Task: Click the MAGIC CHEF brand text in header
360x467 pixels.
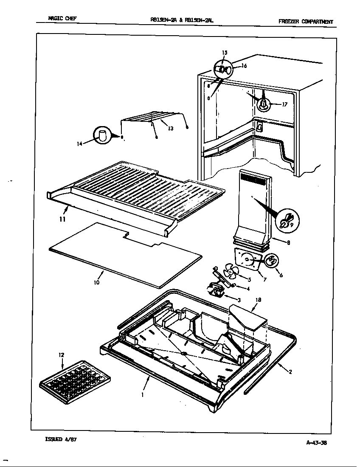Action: pyautogui.click(x=62, y=19)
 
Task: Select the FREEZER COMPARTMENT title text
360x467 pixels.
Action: pyautogui.click(x=306, y=22)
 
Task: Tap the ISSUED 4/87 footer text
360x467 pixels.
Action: pyautogui.click(x=61, y=439)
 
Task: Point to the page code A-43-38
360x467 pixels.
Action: pyautogui.click(x=316, y=442)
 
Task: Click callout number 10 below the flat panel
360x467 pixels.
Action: pyautogui.click(x=97, y=282)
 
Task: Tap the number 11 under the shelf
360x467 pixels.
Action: pyautogui.click(x=62, y=219)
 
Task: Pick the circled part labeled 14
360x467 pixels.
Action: pyautogui.click(x=102, y=135)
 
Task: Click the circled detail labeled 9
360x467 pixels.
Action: pyautogui.click(x=288, y=219)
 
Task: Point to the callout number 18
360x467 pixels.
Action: pyautogui.click(x=258, y=300)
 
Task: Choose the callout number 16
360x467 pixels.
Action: pyautogui.click(x=244, y=66)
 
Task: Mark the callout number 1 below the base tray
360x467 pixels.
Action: pyautogui.click(x=142, y=394)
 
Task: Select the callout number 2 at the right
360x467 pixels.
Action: pyautogui.click(x=290, y=372)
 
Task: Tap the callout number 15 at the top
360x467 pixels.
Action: pyautogui.click(x=225, y=53)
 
